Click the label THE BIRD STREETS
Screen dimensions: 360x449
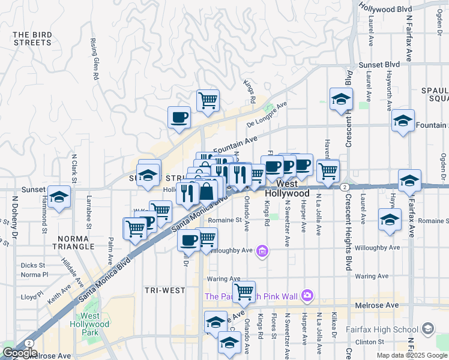[32, 38]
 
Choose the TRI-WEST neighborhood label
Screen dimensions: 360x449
[165, 290]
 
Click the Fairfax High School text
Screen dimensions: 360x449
[382, 329]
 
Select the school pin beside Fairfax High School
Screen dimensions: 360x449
[427, 329]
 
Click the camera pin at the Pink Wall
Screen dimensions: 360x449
[307, 295]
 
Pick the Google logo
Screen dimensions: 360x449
[19, 353]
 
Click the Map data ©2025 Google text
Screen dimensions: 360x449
[411, 355]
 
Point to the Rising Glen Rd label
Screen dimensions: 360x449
[94, 60]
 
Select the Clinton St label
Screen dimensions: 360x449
[366, 341]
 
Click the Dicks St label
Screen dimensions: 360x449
[32, 265]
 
